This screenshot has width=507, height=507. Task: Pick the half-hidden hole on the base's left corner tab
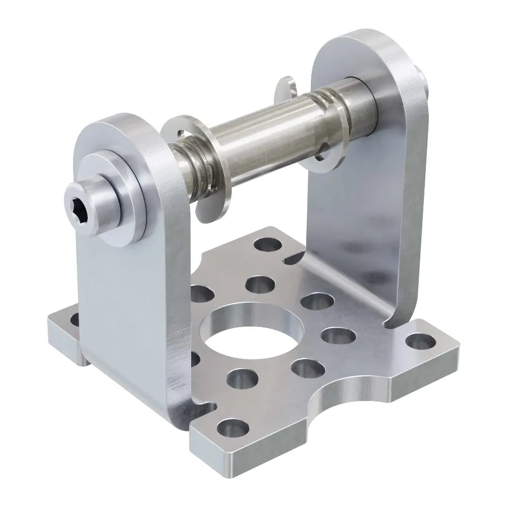tap(75, 319)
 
